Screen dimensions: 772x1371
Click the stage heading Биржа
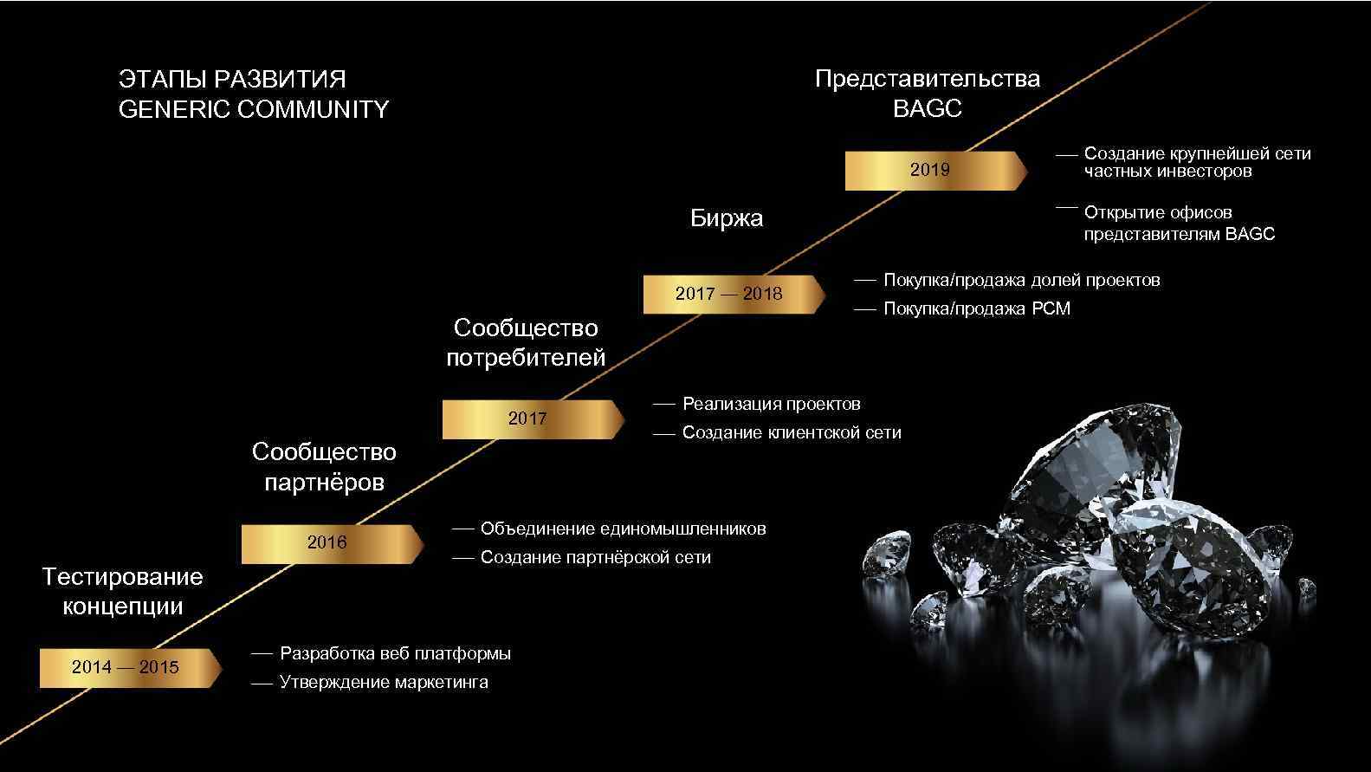pyautogui.click(x=726, y=218)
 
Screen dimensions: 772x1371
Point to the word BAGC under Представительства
pyautogui.click(x=927, y=109)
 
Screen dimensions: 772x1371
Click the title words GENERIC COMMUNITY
pyautogui.click(x=253, y=109)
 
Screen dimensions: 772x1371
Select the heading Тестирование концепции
pyautogui.click(x=122, y=591)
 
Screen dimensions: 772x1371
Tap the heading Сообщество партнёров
pyautogui.click(x=324, y=466)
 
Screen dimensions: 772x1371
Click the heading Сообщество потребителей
pyautogui.click(x=526, y=342)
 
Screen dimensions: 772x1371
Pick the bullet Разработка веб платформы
pyautogui.click(x=395, y=653)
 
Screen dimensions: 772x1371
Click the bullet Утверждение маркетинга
pyautogui.click(x=384, y=683)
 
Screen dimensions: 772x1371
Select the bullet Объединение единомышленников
pyautogui.click(x=623, y=529)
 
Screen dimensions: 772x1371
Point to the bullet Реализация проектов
pyautogui.click(x=771, y=404)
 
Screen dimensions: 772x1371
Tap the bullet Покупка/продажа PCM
pyautogui.click(x=976, y=308)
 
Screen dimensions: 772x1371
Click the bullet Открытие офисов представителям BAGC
pyautogui.click(x=1178, y=223)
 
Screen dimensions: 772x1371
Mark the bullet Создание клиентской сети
pyautogui.click(x=791, y=432)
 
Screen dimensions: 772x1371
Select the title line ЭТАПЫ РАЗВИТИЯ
pyautogui.click(x=232, y=79)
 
